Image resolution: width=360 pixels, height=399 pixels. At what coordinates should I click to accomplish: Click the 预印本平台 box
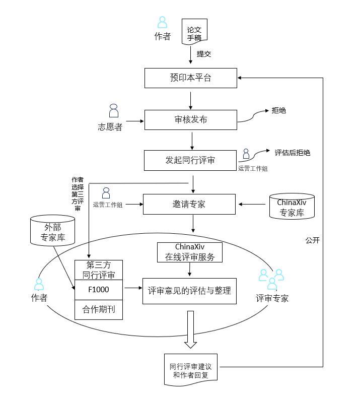(x=190, y=78)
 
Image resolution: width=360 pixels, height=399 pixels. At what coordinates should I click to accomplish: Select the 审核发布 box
(x=190, y=120)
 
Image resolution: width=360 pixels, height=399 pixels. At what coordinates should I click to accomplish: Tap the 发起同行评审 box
(x=190, y=160)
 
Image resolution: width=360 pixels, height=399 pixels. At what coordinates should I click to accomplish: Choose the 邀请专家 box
(x=189, y=204)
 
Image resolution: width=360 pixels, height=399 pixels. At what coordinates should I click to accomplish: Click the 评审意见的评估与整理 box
(x=189, y=291)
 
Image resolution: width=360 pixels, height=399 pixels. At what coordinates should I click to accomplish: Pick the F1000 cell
(x=99, y=290)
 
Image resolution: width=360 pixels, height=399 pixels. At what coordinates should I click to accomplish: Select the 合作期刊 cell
(x=99, y=309)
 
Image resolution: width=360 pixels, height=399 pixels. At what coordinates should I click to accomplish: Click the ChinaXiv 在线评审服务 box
(x=190, y=252)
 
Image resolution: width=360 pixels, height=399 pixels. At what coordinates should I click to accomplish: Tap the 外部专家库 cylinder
(x=53, y=230)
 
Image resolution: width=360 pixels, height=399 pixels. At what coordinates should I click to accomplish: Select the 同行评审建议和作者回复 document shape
(x=190, y=370)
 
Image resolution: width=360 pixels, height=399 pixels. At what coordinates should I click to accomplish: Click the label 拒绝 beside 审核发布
(x=279, y=110)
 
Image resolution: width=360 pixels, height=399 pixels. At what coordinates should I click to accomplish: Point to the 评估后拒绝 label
(x=292, y=152)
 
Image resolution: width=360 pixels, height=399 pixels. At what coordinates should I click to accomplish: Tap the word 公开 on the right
(x=312, y=240)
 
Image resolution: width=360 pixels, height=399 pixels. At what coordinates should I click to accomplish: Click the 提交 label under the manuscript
(x=204, y=54)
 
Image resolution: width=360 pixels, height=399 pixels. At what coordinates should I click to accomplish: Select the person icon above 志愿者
(x=114, y=111)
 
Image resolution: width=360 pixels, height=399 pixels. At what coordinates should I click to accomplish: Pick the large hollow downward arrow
(x=190, y=329)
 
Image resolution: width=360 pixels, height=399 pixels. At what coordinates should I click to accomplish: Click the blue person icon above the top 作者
(x=162, y=22)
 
